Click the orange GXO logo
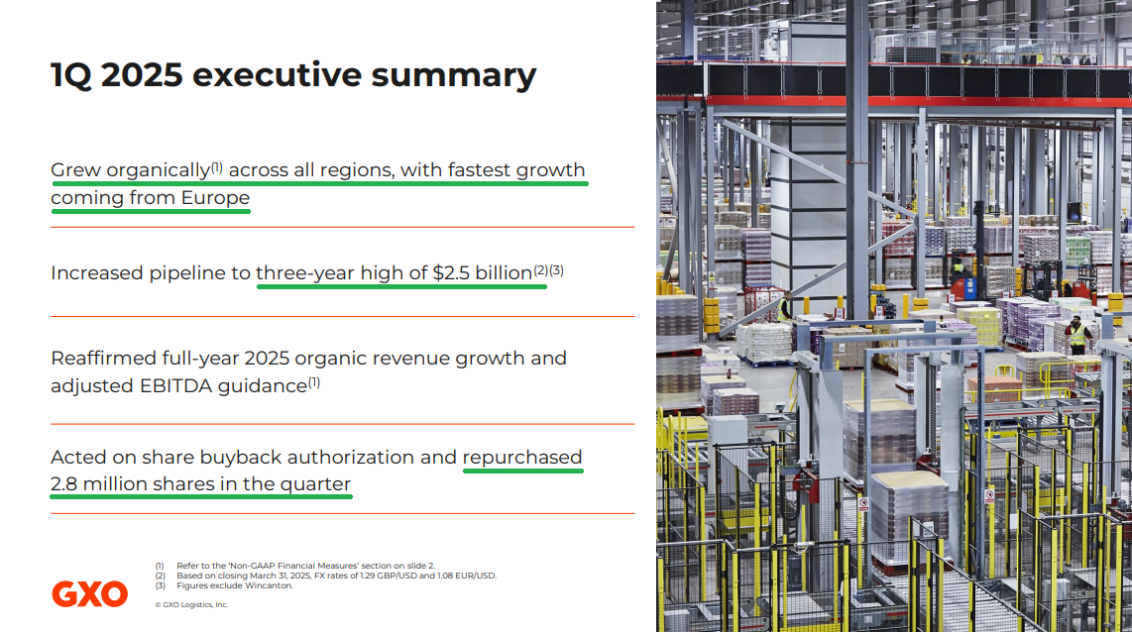click(x=89, y=593)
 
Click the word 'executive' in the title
click(x=277, y=75)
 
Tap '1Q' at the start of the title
click(x=71, y=75)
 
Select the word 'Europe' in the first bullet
click(x=215, y=198)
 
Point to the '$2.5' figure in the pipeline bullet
click(x=451, y=272)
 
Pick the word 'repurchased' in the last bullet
click(x=522, y=458)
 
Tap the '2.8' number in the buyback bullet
click(x=64, y=484)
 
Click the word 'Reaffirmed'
click(x=103, y=359)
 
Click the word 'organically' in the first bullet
click(x=159, y=170)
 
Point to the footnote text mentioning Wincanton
click(x=235, y=585)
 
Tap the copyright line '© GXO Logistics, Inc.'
click(x=191, y=604)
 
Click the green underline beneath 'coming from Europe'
click(x=150, y=211)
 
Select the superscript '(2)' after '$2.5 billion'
click(x=541, y=270)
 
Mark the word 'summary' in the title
click(x=453, y=76)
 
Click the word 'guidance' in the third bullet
click(x=263, y=386)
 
